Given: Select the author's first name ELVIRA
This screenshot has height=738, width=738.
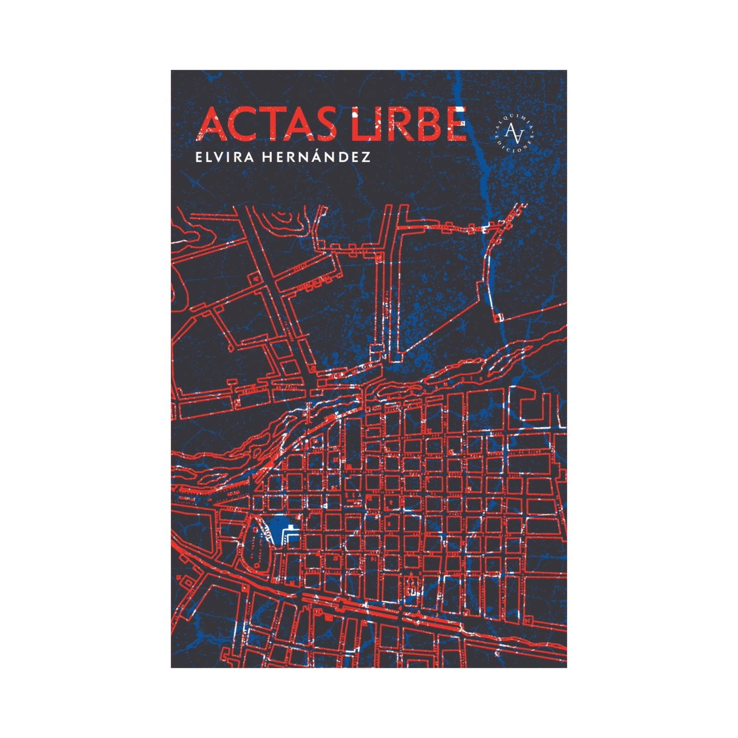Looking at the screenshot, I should pyautogui.click(x=224, y=157).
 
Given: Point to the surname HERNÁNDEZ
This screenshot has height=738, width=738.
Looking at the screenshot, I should pyautogui.click(x=316, y=157).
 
